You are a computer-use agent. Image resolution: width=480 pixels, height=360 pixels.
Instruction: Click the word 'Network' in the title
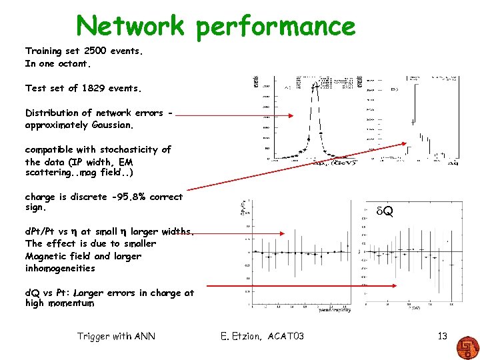130,26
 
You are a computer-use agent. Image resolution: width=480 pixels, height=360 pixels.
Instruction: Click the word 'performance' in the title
275,27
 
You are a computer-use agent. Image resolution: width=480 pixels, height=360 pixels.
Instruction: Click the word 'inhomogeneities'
60,268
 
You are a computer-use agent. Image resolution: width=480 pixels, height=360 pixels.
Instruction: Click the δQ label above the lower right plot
384,211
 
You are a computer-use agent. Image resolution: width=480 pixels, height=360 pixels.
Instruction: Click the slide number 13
442,336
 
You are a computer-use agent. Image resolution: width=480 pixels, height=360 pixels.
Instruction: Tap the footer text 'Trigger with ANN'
116,336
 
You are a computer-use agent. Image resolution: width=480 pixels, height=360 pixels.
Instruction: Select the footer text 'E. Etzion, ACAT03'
262,336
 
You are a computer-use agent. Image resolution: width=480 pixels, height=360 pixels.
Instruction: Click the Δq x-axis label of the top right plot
452,162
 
